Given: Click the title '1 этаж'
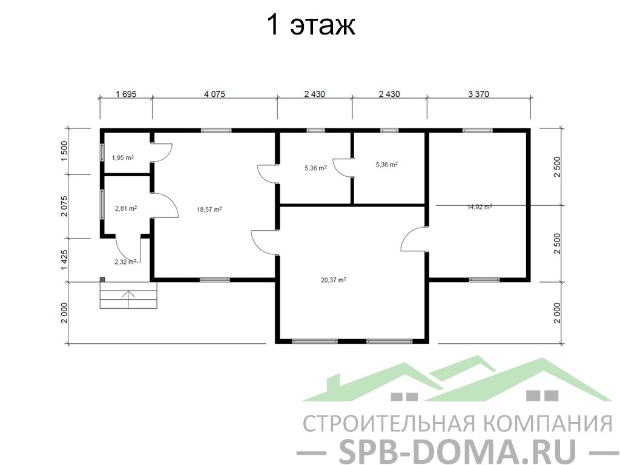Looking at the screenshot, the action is point(311,25).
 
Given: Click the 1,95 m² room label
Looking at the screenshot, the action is point(122,157).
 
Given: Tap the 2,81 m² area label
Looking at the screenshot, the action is point(126,208).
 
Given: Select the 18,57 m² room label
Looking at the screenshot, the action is point(209,209).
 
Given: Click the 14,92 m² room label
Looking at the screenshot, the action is point(480,206).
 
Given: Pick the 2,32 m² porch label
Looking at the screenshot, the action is point(125,262).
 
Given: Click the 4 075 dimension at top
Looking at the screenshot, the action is point(214,94).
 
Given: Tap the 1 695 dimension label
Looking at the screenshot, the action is point(126,94).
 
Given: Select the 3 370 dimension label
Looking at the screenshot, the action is point(478,94).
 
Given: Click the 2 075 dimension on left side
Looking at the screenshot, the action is point(65,206).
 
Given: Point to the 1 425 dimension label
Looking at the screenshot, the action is point(65,260).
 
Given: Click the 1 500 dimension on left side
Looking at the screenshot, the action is point(65,151).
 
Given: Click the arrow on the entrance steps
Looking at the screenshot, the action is point(128,299).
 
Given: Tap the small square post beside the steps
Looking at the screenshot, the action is point(102,280).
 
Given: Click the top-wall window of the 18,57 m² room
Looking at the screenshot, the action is point(216,130).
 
